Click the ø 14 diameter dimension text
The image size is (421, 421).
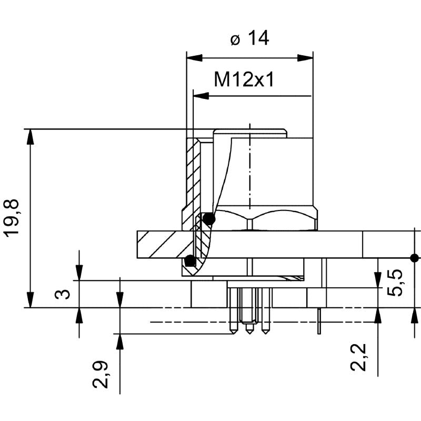click(249, 38)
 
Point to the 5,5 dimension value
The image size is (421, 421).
click(398, 282)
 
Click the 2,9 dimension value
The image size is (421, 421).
click(101, 374)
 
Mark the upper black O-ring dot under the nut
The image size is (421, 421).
click(209, 218)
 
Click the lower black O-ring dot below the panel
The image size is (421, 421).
click(190, 260)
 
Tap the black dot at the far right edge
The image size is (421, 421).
click(415, 257)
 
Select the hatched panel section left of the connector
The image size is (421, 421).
click(161, 245)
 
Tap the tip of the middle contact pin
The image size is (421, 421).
click(249, 333)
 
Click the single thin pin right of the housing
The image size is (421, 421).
click(319, 321)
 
